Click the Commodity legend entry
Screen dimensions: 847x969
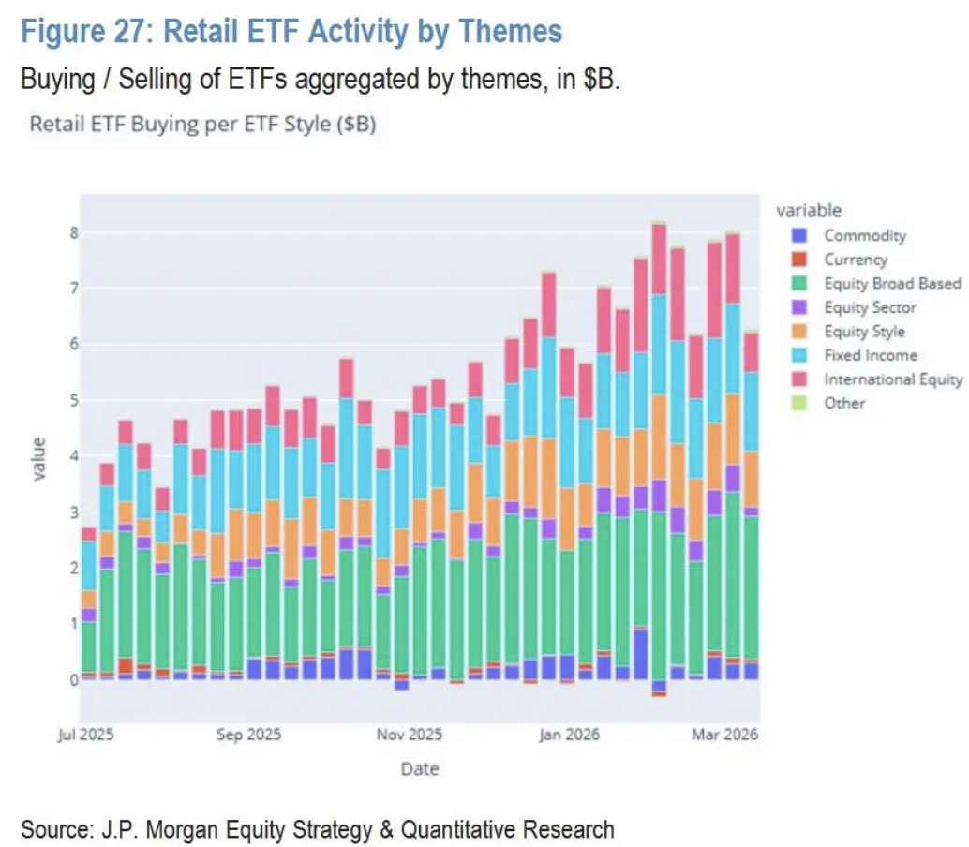tap(864, 236)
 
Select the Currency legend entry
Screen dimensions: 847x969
tap(855, 260)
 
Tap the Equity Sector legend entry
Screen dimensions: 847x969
tap(870, 307)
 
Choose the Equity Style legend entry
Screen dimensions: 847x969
tap(864, 332)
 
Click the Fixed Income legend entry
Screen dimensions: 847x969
tap(870, 355)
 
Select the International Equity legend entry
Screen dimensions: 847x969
tap(892, 379)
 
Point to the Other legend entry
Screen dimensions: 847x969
tap(843, 403)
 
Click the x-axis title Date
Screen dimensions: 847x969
tap(419, 769)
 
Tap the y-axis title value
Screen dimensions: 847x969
tap(38, 458)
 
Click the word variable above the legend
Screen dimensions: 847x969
tap(808, 211)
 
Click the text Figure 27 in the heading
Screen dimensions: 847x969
tap(84, 32)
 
